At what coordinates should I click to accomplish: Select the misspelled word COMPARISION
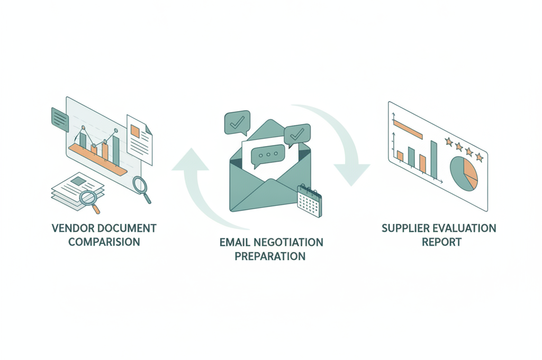pyautogui.click(x=104, y=242)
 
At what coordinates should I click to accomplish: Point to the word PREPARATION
pyautogui.click(x=270, y=256)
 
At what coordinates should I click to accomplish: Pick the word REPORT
pyautogui.click(x=441, y=242)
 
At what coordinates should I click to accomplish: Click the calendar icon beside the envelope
pyautogui.click(x=309, y=201)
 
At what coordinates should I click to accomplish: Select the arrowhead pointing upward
pyautogui.click(x=190, y=160)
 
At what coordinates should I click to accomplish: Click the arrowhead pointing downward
pyautogui.click(x=351, y=175)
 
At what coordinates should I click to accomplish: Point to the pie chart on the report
pyautogui.click(x=464, y=174)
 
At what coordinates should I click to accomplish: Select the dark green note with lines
pyautogui.click(x=60, y=119)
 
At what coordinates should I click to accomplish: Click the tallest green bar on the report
pyautogui.click(x=433, y=159)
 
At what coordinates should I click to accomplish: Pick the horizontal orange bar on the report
pyautogui.click(x=408, y=129)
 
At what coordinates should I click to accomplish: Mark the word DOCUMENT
pyautogui.click(x=127, y=228)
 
